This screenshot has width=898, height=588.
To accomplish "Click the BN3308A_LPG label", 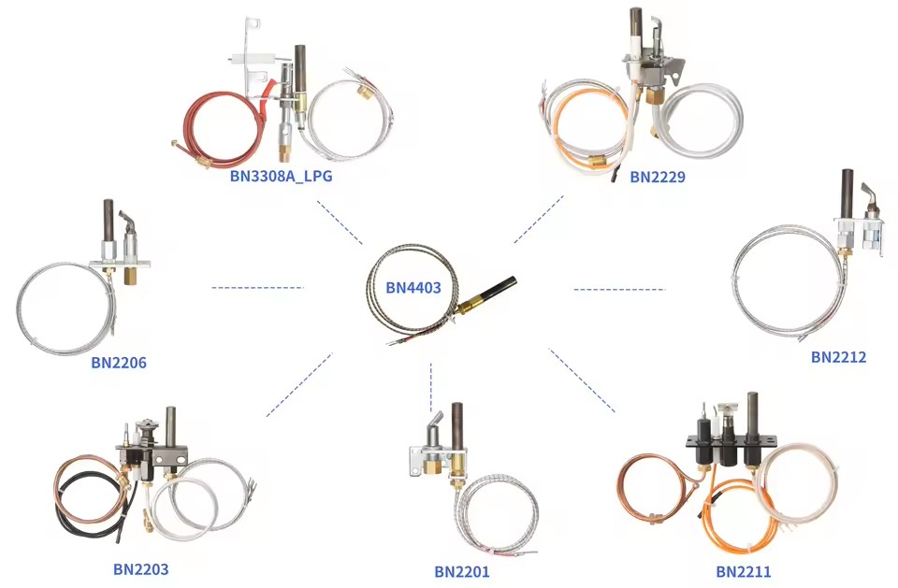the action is pyautogui.click(x=281, y=176).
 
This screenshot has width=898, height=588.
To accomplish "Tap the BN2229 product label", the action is pyautogui.click(x=658, y=177).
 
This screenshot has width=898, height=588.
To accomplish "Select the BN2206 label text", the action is pyautogui.click(x=119, y=363).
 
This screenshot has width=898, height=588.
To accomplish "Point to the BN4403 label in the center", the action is pyautogui.click(x=413, y=287).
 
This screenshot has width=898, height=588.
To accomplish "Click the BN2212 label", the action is pyautogui.click(x=838, y=357).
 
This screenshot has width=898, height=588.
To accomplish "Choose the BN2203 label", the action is pyautogui.click(x=141, y=569).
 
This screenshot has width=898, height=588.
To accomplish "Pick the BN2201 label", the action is pyautogui.click(x=461, y=571).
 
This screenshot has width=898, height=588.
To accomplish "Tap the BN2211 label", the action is pyautogui.click(x=744, y=571).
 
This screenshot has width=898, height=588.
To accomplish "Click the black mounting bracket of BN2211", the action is pyautogui.click(x=731, y=440).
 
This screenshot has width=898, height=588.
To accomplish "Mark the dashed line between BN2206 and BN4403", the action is pyautogui.click(x=257, y=287).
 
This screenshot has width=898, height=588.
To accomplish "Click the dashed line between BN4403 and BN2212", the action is pyautogui.click(x=619, y=289).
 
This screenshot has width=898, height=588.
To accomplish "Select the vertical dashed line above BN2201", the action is pyautogui.click(x=430, y=386).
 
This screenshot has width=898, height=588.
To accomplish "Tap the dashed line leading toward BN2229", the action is pyautogui.click(x=539, y=220).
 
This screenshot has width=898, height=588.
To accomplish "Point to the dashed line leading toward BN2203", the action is pyautogui.click(x=299, y=385).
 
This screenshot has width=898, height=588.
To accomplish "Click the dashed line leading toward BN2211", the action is pyautogui.click(x=582, y=380).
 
